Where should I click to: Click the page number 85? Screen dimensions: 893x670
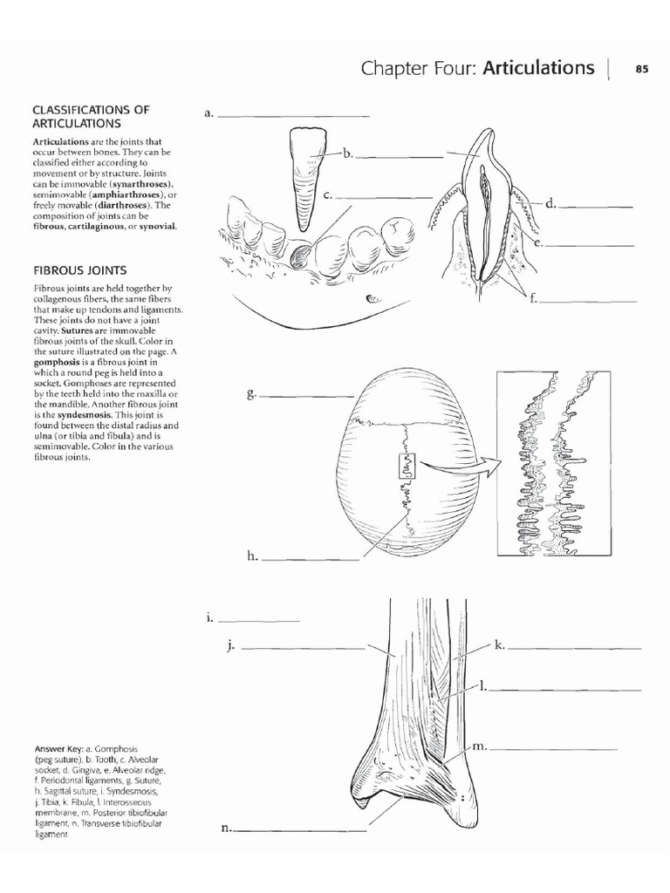641,69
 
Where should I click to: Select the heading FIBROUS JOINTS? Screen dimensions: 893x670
80,271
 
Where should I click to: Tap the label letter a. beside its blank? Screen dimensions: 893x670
209,113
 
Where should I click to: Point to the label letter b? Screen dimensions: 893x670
346,153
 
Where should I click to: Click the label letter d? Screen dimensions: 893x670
550,204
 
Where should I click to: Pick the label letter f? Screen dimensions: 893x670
532,298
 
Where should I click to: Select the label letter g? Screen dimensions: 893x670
251,394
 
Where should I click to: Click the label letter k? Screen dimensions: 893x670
500,645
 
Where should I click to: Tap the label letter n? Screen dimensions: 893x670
226,828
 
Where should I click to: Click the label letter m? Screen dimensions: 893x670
479,746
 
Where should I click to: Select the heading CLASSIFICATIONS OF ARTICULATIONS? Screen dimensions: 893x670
91,116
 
